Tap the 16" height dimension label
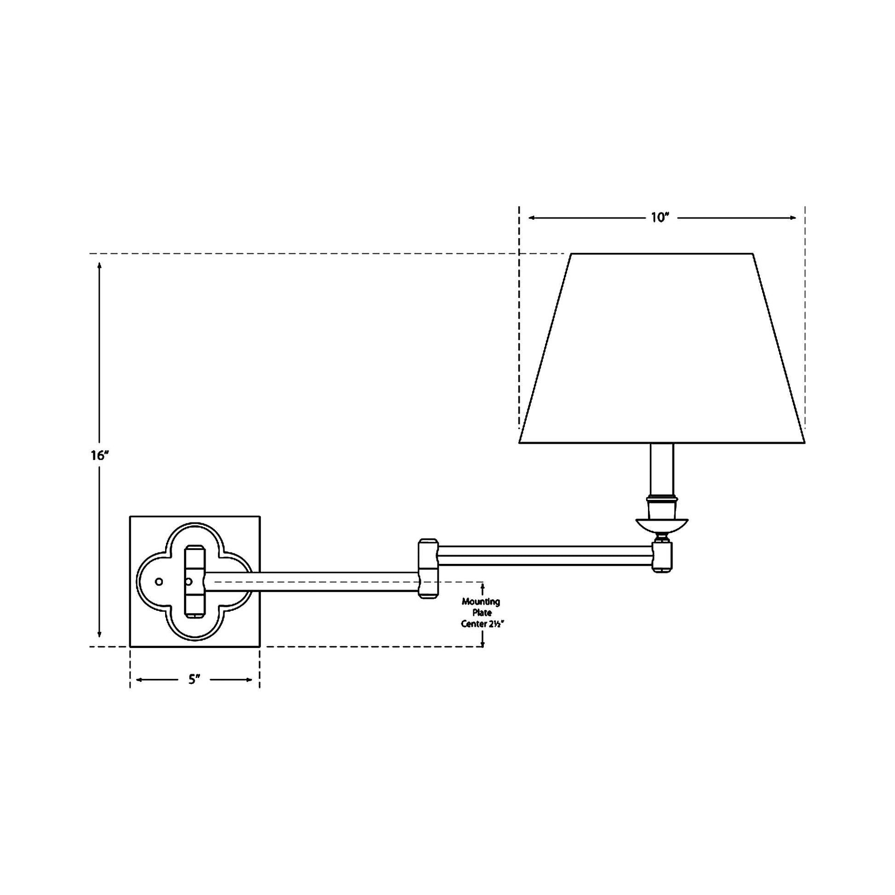(x=100, y=455)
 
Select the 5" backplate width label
(x=195, y=680)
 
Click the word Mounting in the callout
(x=481, y=602)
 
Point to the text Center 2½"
(x=482, y=624)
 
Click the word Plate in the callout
(x=482, y=613)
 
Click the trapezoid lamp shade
(x=662, y=348)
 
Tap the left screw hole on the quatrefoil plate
(x=159, y=581)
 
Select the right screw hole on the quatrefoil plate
(x=189, y=581)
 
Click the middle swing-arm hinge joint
(x=428, y=568)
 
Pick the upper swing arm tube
(x=545, y=556)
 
